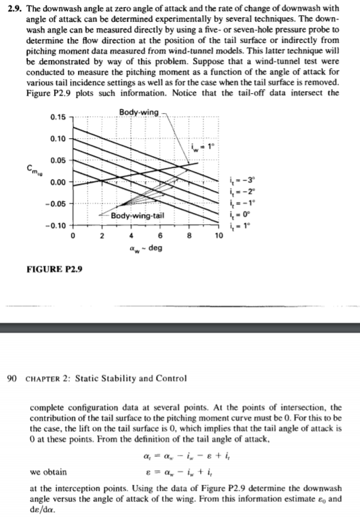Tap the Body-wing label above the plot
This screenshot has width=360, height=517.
point(140,113)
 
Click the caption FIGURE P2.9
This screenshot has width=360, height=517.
point(50,270)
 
